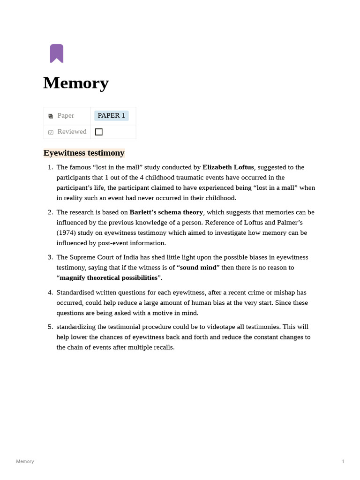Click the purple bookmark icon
coord(57,53)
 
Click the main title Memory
coord(76,83)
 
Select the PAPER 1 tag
coord(111,116)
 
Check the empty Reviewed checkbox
coord(99,132)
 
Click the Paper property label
coord(66,116)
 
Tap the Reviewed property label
coord(72,132)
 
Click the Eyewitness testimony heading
coord(84,153)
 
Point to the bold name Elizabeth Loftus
coord(228,167)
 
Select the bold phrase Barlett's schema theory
coord(166,212)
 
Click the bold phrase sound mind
coord(198,268)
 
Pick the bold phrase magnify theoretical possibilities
coord(108,278)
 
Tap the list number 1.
coord(50,167)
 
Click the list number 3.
coord(50,257)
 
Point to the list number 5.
coord(50,327)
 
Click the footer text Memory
coord(25,462)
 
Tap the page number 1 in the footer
coord(343,462)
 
